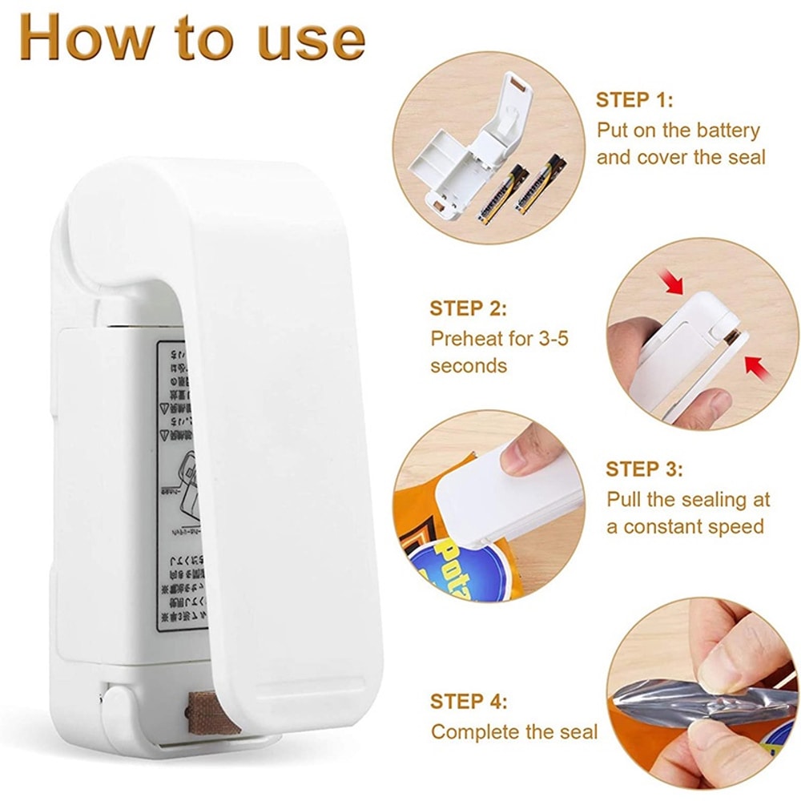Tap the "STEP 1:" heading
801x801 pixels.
pos(634,100)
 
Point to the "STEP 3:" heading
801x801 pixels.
pos(644,469)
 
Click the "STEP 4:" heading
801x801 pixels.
pos(469,702)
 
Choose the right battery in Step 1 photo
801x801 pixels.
pos(541,184)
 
